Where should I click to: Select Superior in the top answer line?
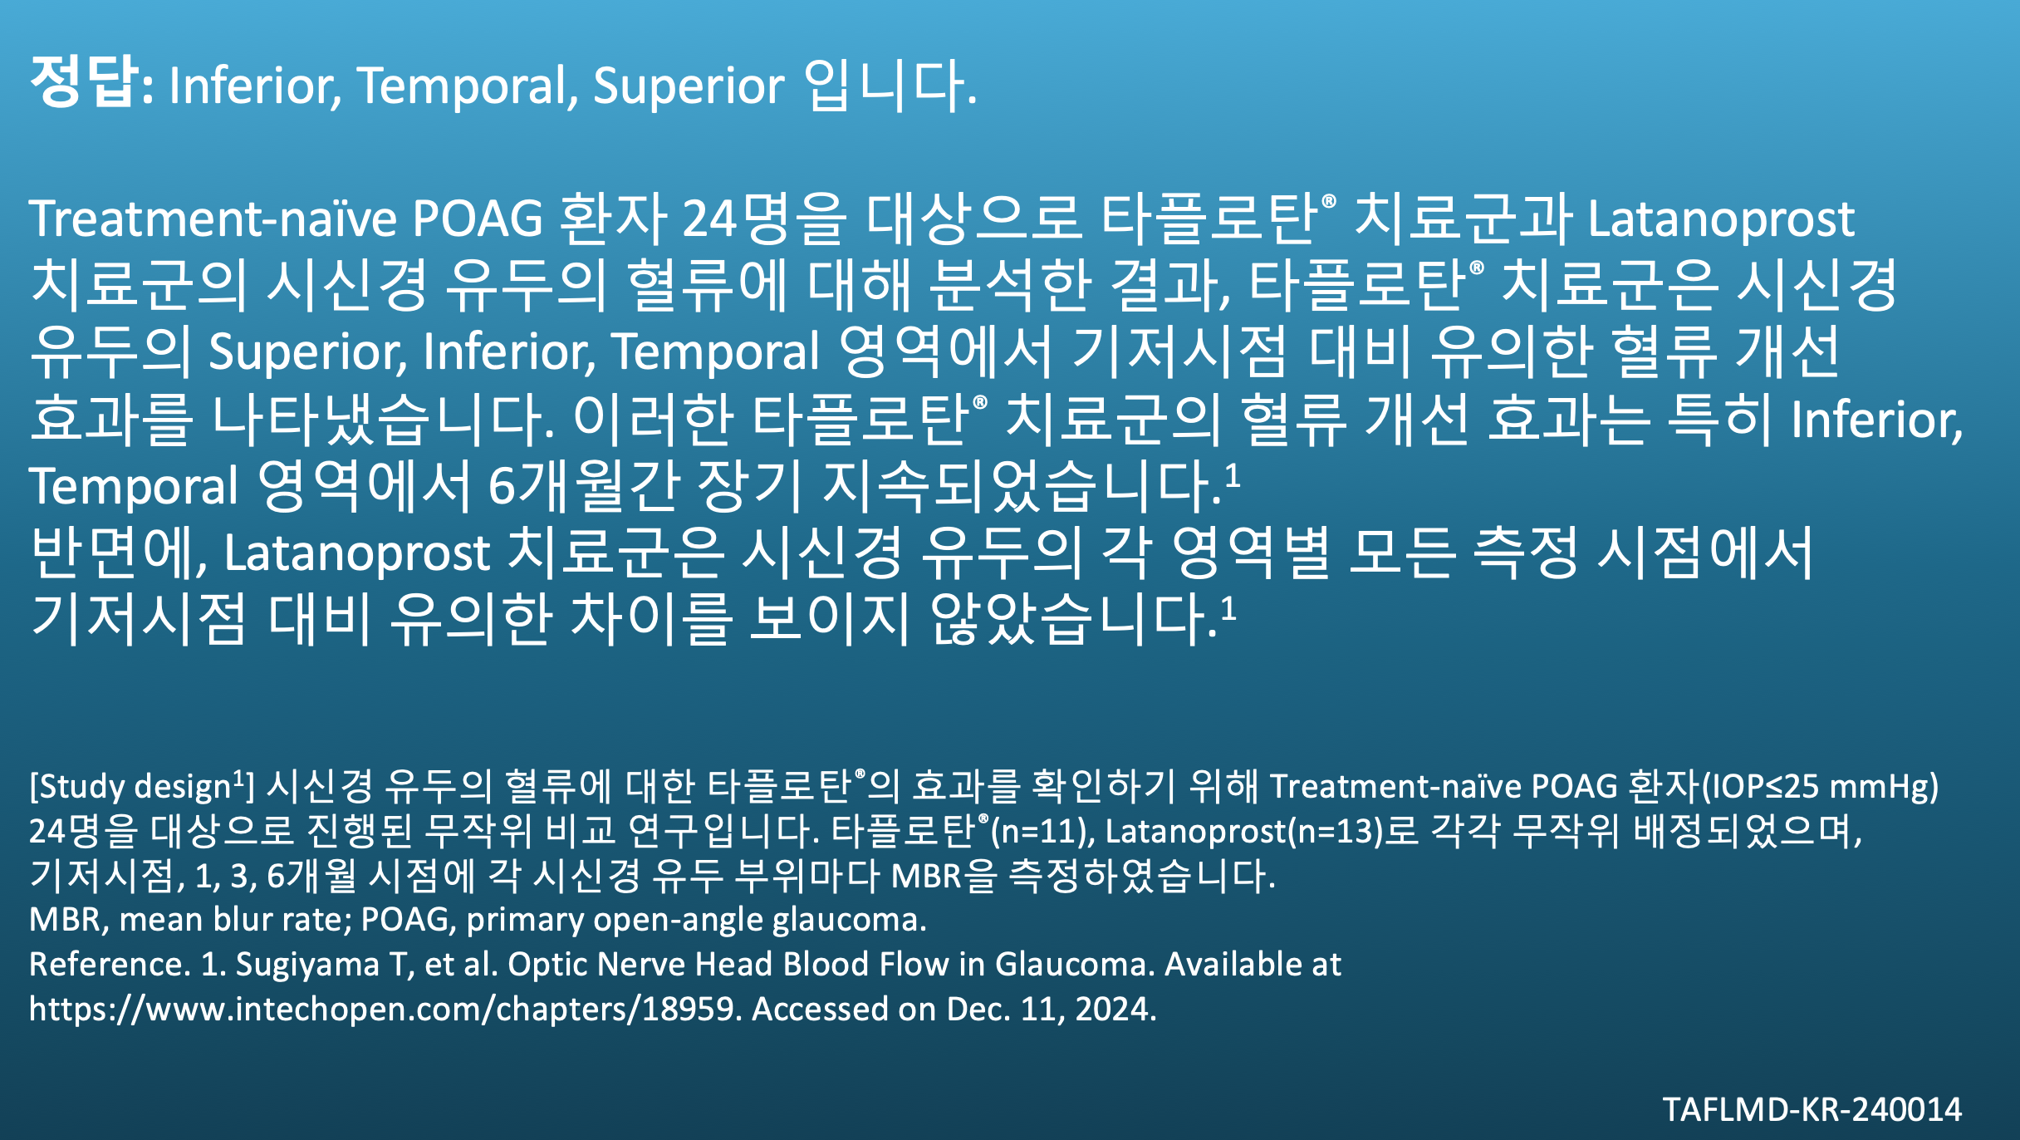tap(689, 86)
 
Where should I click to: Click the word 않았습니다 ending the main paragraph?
tap(1071, 618)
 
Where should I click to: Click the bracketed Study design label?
tap(142, 786)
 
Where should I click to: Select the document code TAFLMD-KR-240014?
tap(1812, 1109)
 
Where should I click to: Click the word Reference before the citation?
tap(106, 964)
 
